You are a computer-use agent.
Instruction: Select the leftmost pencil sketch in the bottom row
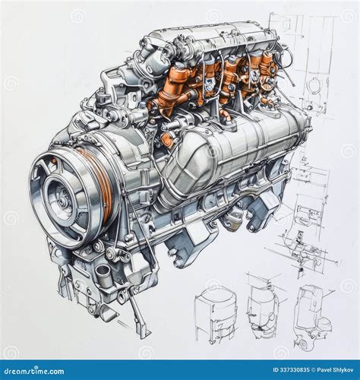coord(215,312)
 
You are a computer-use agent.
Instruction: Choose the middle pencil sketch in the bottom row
coord(262,310)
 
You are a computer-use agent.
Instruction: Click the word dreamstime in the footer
coord(34,370)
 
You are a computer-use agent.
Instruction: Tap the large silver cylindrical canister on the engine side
coord(228,152)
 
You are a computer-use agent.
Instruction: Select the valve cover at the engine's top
coord(205,38)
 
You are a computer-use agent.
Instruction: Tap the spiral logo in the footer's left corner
coord(8,370)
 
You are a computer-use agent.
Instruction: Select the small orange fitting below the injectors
coord(167,140)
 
